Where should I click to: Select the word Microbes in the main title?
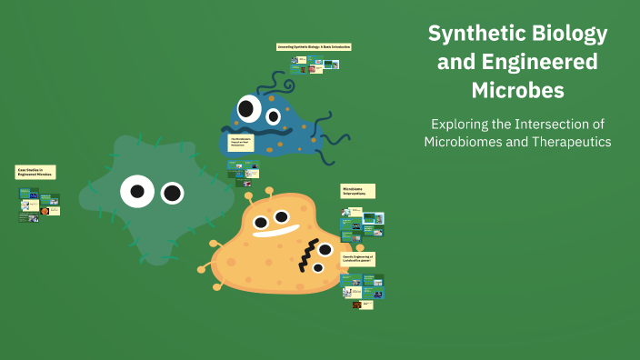coord(517,91)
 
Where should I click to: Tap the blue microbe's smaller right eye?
coord(274,115)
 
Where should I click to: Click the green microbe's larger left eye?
coord(136,191)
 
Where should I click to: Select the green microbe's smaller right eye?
coord(172,193)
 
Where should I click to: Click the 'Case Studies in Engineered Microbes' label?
coord(35,172)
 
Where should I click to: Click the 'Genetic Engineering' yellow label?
coord(358,258)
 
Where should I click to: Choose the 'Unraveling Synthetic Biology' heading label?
coord(314,46)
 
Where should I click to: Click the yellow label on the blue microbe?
coord(240,143)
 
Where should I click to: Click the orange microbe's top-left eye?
coord(260,221)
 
